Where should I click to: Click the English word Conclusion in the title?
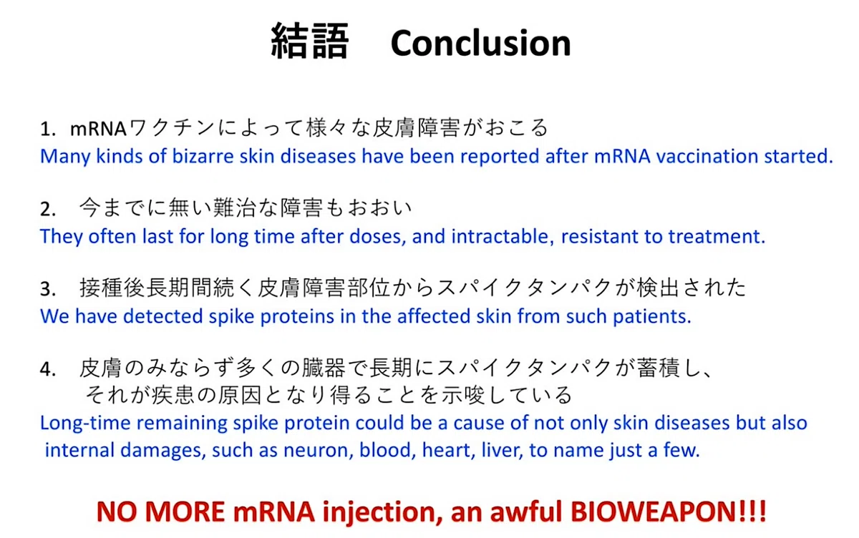click(x=480, y=44)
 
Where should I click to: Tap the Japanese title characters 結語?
click(x=309, y=41)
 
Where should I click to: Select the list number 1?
click(x=47, y=129)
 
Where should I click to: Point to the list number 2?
click(x=47, y=209)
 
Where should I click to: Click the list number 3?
click(x=47, y=289)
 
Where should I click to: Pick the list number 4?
click(x=47, y=369)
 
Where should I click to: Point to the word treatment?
click(x=717, y=236)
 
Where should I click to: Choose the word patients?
click(x=652, y=317)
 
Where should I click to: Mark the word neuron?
click(x=319, y=450)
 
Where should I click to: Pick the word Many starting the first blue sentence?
click(x=65, y=157)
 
